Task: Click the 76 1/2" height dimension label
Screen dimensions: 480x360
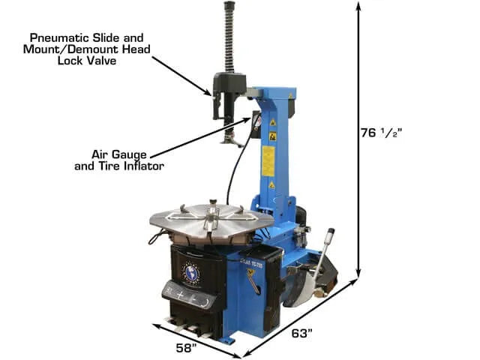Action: [x=381, y=133]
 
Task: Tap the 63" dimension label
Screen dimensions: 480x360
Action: [x=301, y=333]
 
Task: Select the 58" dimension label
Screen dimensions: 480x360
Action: [x=186, y=348]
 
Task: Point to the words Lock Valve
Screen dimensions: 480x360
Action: [x=87, y=61]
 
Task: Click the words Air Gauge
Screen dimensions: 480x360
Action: [x=119, y=155]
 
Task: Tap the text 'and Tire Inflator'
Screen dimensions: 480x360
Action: [x=119, y=166]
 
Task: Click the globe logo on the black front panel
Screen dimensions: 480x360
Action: [x=192, y=273]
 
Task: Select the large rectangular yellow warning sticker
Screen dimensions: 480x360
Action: [x=268, y=161]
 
